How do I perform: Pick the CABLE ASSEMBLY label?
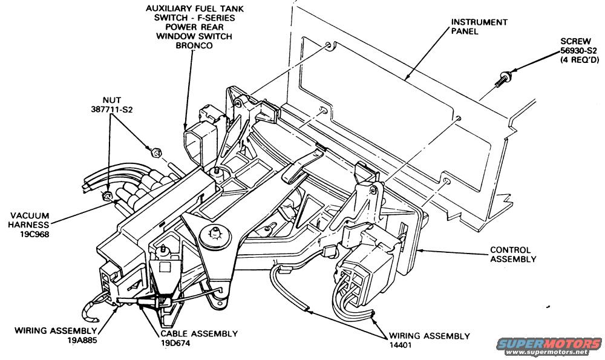click(199, 333)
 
